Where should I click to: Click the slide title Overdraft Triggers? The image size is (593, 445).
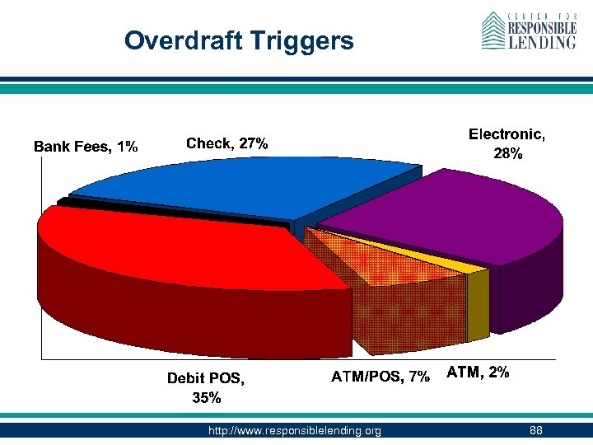(239, 40)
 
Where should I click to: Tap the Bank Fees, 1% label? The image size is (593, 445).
(86, 147)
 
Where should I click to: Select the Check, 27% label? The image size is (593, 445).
(227, 143)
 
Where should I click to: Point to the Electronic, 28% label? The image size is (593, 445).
(507, 143)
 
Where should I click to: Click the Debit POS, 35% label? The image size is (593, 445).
(206, 388)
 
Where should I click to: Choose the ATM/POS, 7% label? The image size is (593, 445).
(381, 377)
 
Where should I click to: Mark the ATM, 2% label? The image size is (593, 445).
(478, 372)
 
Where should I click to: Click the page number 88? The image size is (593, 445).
(536, 430)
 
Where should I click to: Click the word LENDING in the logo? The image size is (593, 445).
(542, 42)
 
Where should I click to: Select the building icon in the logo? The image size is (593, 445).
(493, 31)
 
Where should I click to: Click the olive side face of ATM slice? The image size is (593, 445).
(478, 306)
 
